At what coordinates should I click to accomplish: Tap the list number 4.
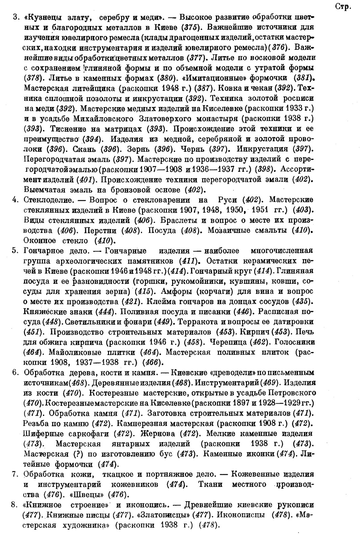15,200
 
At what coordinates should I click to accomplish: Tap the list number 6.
15,373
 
